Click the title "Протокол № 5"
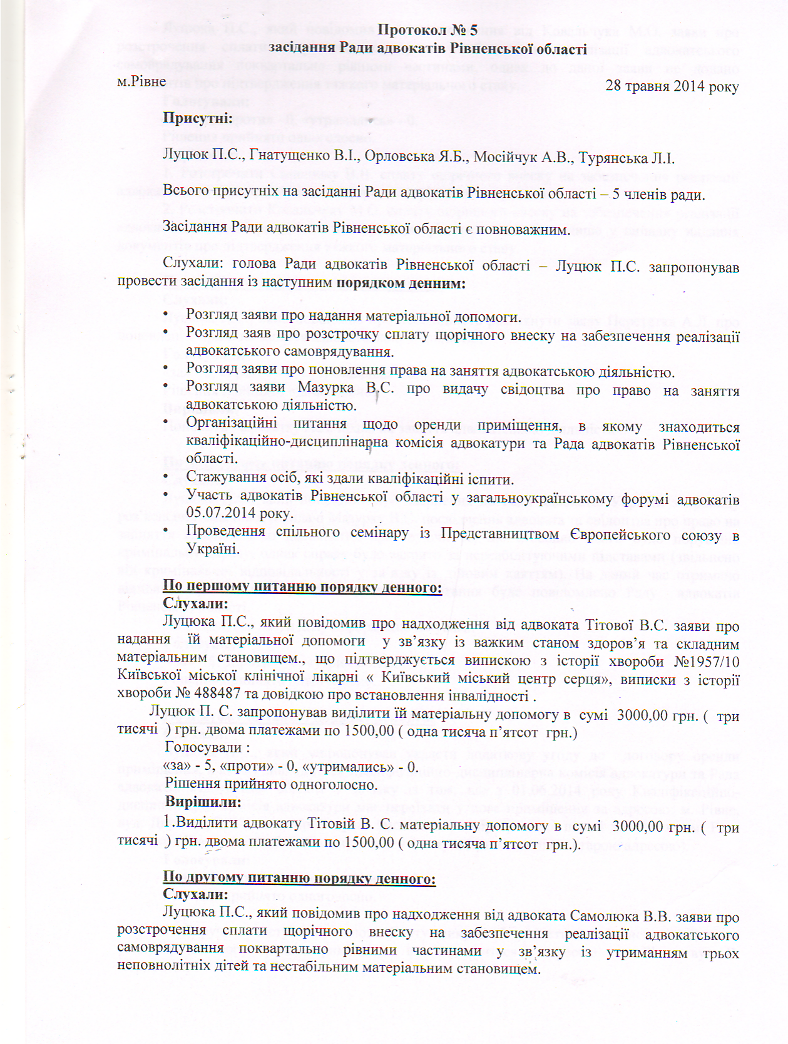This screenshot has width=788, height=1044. click(427, 30)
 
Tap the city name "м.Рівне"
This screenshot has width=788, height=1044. click(141, 81)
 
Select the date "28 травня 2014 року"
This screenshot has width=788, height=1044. click(672, 86)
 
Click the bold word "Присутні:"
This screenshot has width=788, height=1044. click(198, 118)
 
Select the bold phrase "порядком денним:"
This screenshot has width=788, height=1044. click(401, 283)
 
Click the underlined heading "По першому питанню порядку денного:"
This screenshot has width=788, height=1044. click(302, 587)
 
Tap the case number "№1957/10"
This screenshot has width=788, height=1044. click(706, 661)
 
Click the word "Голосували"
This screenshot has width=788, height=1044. click(203, 747)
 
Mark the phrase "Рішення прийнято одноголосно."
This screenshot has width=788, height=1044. click(271, 784)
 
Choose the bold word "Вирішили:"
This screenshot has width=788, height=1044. click(203, 802)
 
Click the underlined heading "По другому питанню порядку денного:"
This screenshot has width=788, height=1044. click(299, 878)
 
